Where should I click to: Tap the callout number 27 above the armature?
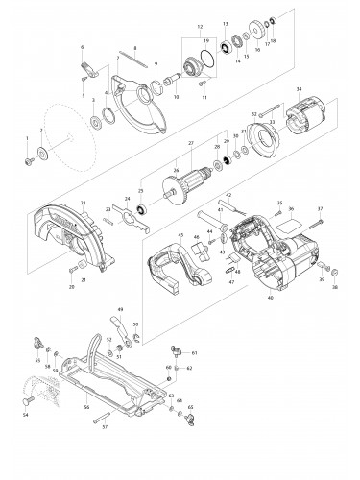[x=191, y=144]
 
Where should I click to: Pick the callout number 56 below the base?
[x=113, y=407]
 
